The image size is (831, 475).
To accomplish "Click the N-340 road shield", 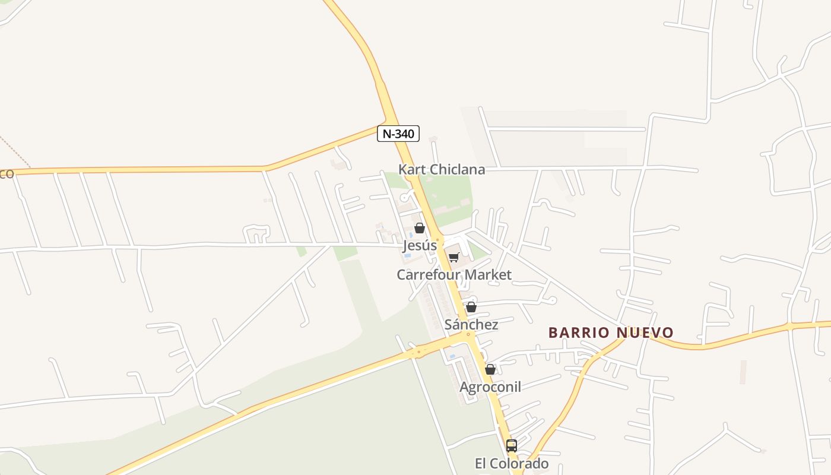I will [398, 134].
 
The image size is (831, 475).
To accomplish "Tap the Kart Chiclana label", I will [441, 169].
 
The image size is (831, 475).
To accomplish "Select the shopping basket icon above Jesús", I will [420, 228].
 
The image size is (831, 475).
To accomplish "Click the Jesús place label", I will [420, 245].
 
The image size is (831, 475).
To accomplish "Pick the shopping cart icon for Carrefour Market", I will [454, 257].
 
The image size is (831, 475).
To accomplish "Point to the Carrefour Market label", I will [454, 275].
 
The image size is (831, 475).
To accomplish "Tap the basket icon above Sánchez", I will [471, 307].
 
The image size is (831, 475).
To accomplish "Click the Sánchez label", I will [471, 325].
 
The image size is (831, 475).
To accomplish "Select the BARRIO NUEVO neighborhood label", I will [611, 332].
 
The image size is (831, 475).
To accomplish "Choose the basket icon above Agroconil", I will [490, 369].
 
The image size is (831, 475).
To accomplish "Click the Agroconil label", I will [490, 387].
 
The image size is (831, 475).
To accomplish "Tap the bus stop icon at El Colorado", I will [512, 445].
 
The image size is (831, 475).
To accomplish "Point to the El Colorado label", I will [512, 463].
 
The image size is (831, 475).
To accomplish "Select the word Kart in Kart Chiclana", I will [411, 169].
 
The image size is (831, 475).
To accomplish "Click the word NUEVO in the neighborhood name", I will [645, 332].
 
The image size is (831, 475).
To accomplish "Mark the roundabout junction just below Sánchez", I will [469, 335].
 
